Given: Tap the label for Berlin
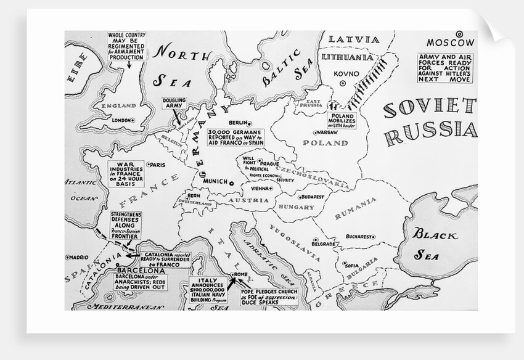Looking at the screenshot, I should pyautogui.click(x=238, y=123).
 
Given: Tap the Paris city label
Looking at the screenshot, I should pyautogui.click(x=158, y=165).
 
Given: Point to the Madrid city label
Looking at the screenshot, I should pyautogui.click(x=78, y=258).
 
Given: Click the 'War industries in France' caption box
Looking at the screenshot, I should pyautogui.click(x=126, y=174).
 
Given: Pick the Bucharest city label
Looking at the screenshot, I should pyautogui.click(x=359, y=236).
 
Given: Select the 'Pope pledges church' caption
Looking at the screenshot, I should pyautogui.click(x=270, y=296).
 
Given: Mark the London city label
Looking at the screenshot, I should pyautogui.click(x=123, y=120).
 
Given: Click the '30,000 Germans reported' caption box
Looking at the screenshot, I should pyautogui.click(x=235, y=137).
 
